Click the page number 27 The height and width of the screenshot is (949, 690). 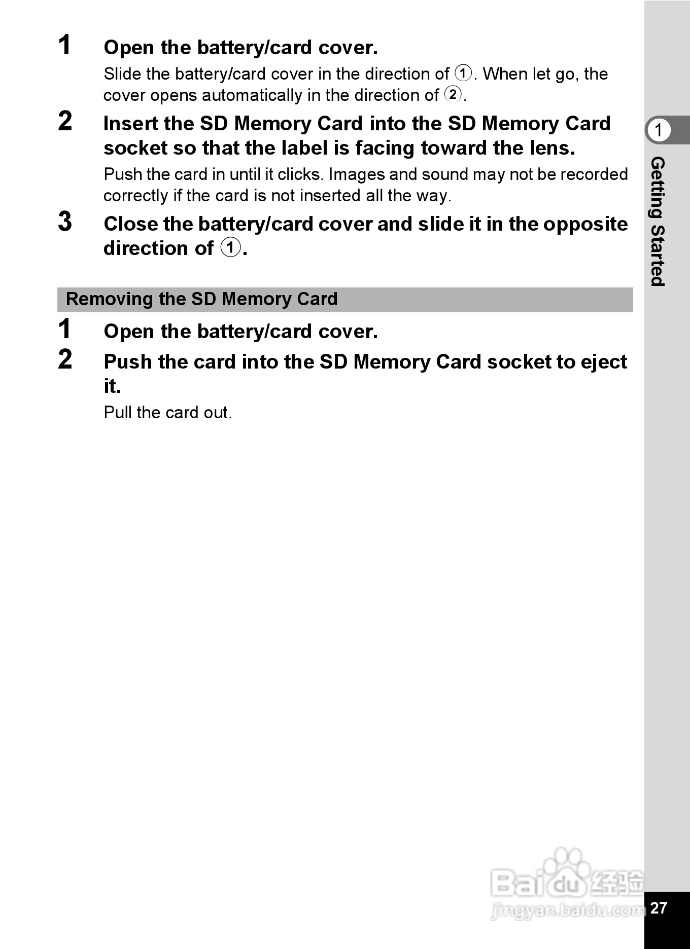[x=659, y=907]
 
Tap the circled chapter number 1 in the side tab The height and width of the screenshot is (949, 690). [x=659, y=130]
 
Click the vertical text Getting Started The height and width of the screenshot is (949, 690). [x=658, y=222]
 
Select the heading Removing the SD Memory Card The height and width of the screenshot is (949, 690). [x=202, y=299]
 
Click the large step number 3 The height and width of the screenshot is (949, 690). [x=65, y=222]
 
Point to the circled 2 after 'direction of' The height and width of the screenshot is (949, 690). [x=453, y=94]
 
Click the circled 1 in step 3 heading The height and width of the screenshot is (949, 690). [x=231, y=248]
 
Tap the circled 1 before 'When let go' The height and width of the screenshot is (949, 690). [x=463, y=73]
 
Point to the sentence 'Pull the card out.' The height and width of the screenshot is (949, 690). [x=167, y=413]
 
